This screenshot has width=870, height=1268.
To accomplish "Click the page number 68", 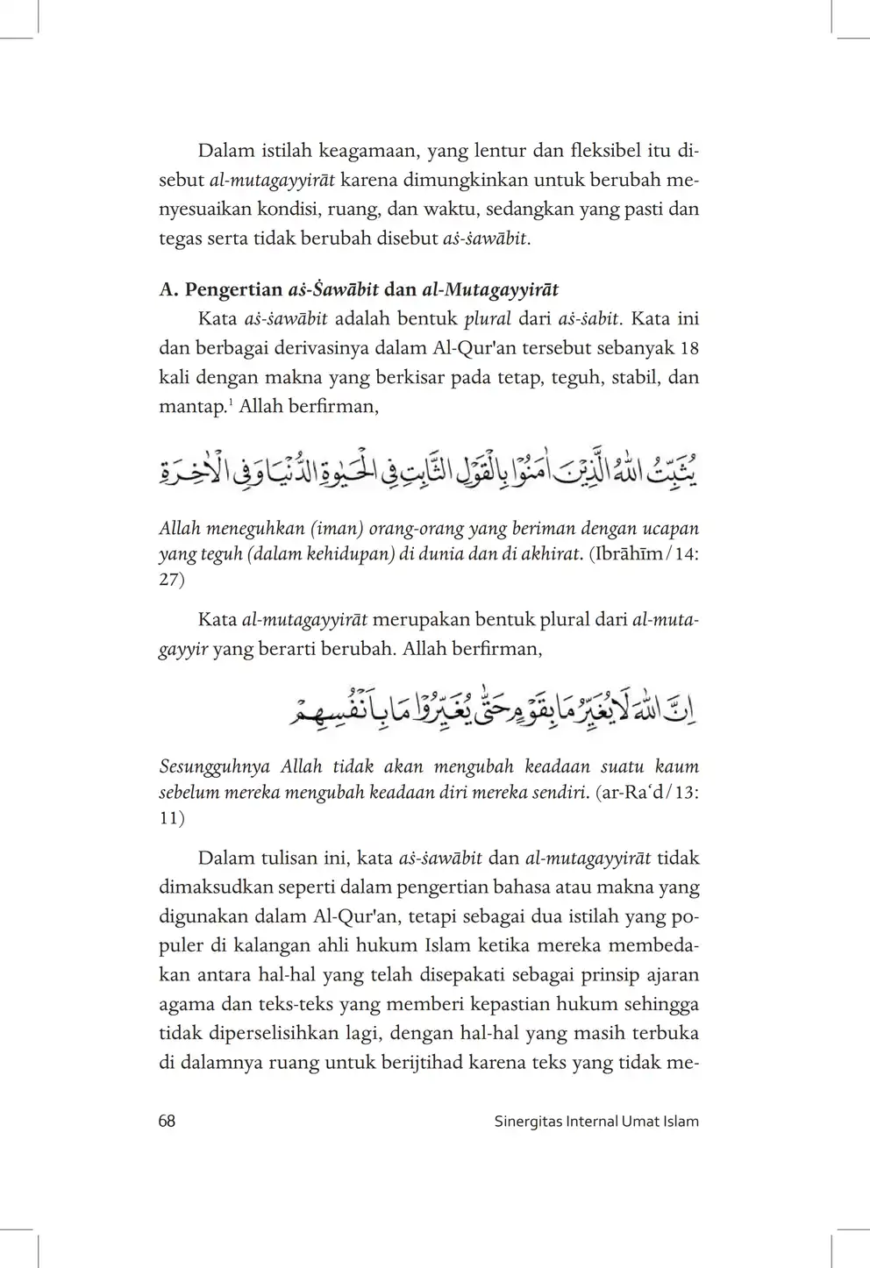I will point(167,1121).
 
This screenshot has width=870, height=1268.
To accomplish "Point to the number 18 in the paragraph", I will point(689,348).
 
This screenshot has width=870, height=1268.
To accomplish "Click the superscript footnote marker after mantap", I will point(232,402).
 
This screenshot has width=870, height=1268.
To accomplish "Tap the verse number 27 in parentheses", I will point(169,581).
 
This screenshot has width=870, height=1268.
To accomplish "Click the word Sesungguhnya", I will point(215,766).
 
